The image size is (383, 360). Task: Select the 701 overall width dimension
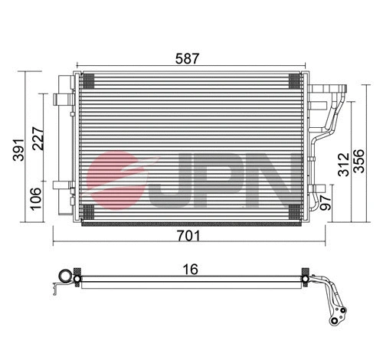[188, 237]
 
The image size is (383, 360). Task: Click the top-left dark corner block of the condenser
[87, 78]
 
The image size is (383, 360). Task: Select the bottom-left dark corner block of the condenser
[87, 211]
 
